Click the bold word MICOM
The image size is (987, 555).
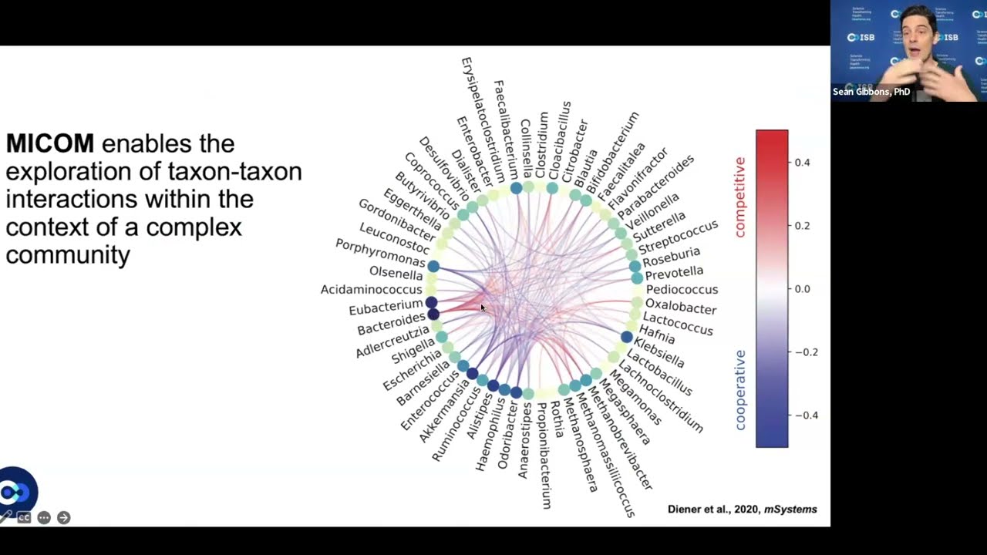[x=50, y=143]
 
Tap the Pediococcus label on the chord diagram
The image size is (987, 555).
[x=682, y=290]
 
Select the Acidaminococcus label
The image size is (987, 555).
[x=372, y=290]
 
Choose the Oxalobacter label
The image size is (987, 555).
[x=681, y=308]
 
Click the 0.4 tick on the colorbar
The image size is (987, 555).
[x=802, y=163]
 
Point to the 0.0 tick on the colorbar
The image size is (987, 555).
[x=802, y=289]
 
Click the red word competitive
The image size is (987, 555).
[x=740, y=197]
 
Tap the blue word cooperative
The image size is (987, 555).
[x=740, y=389]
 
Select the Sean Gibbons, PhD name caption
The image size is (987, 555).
[x=871, y=92]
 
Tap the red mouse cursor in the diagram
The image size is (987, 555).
[x=483, y=308]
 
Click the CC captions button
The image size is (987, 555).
[x=25, y=518]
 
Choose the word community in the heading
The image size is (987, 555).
[x=68, y=255]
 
